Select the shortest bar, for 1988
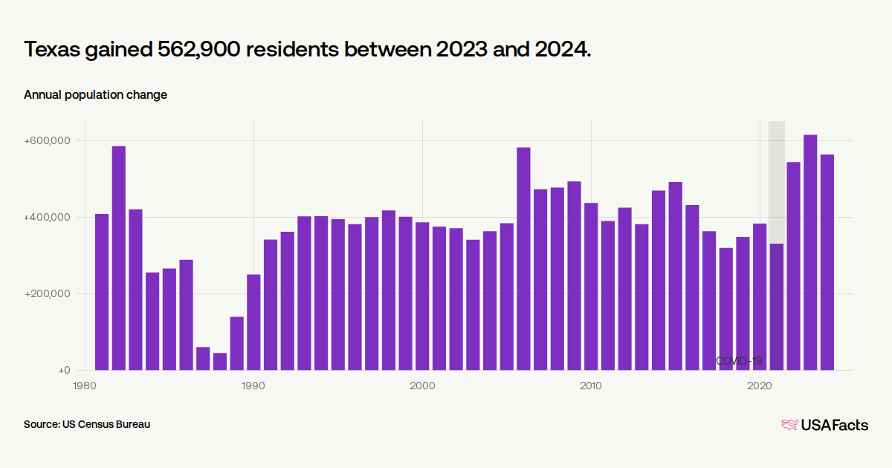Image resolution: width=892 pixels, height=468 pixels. click(x=220, y=361)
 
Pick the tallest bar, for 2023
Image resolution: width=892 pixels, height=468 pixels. click(x=810, y=253)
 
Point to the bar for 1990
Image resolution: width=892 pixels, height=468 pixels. click(x=253, y=322)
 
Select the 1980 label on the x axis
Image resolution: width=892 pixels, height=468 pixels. click(x=85, y=386)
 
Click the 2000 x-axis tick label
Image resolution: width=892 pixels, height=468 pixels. click(x=422, y=386)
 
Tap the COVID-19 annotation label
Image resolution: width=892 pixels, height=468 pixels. click(x=739, y=361)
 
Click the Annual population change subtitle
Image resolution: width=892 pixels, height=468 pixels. click(x=95, y=94)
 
